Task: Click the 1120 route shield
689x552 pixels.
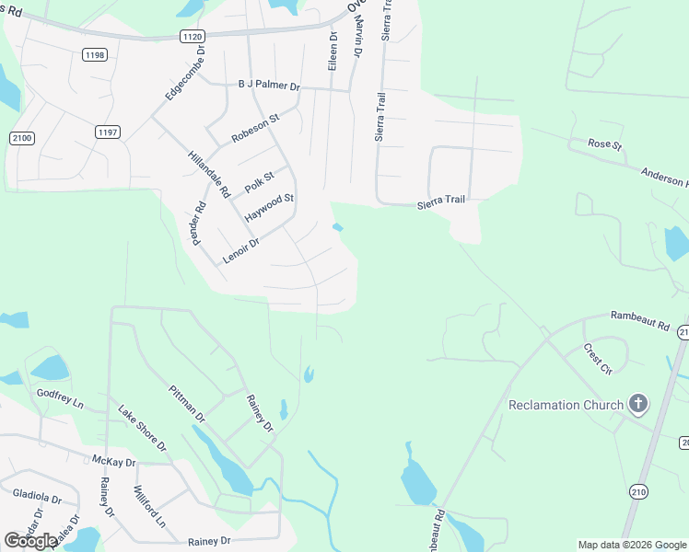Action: coord(193,35)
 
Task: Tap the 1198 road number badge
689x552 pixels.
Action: coord(95,55)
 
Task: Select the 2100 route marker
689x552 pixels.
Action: coord(21,138)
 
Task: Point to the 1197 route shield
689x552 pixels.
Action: coord(108,132)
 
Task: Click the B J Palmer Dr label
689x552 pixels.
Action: coord(269,86)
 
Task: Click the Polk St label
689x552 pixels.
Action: coord(260,182)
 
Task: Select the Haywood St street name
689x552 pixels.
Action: coord(269,206)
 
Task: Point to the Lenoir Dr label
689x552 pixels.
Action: coord(241,251)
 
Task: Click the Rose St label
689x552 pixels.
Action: coord(605,144)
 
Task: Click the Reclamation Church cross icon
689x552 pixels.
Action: coord(636,404)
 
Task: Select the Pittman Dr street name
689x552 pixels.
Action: coord(187,404)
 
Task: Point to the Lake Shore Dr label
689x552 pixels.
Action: coord(142,429)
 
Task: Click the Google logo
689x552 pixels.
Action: coord(30,541)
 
